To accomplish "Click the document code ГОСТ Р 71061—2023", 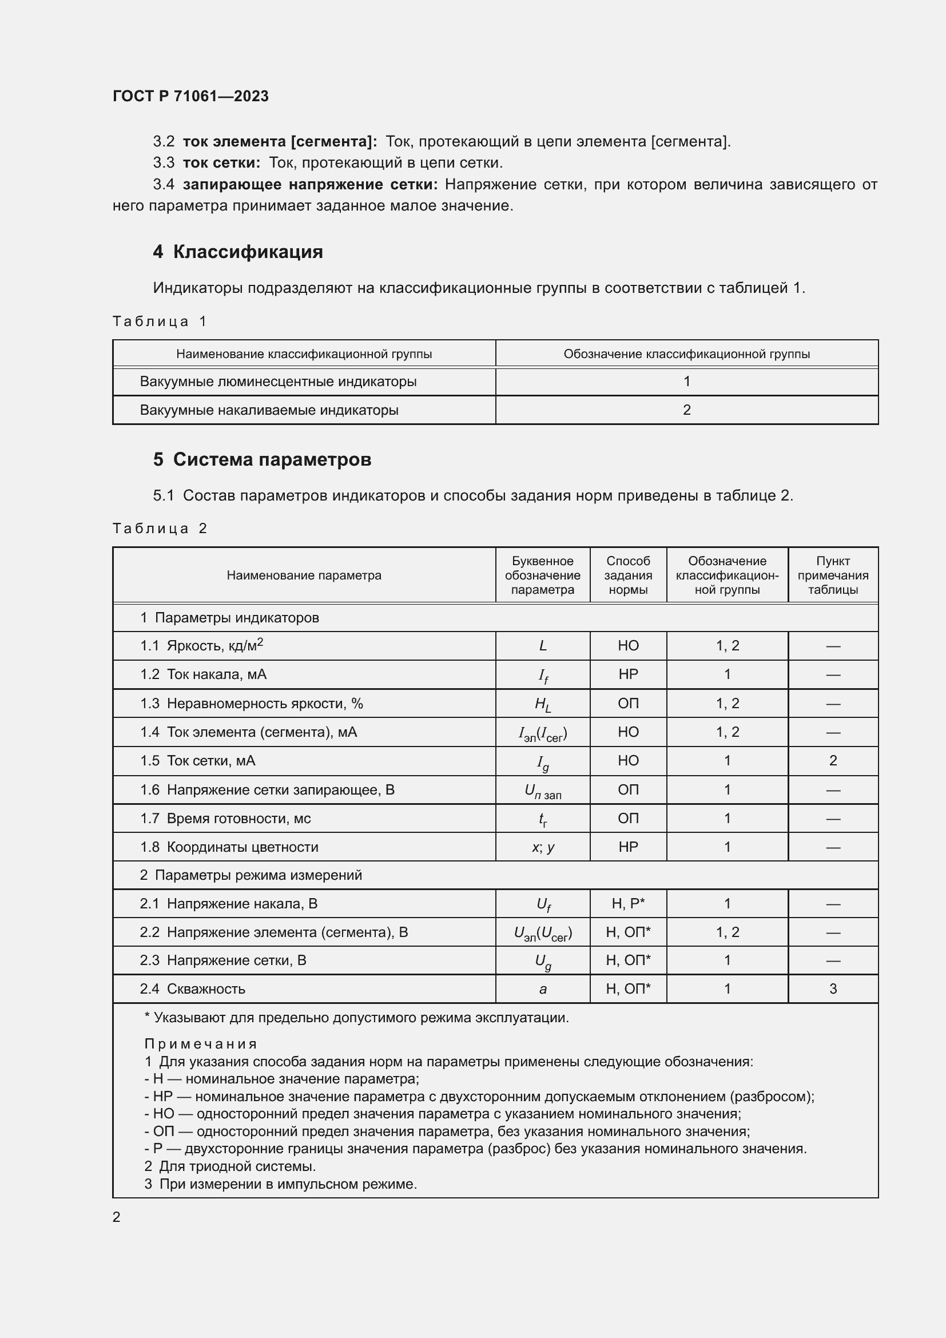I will (190, 96).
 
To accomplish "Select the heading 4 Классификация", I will (238, 252).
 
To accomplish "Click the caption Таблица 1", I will (160, 321).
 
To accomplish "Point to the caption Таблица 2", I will (160, 529).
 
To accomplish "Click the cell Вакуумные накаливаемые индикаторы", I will (269, 410).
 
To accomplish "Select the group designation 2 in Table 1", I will (686, 410).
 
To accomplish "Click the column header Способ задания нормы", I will (628, 575).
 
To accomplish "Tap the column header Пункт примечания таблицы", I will (832, 575).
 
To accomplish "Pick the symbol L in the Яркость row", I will (543, 646).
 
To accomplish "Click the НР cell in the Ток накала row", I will (628, 674).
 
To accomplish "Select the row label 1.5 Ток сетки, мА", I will (197, 760).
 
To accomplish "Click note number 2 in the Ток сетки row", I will (832, 760).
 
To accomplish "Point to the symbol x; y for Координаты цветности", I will (543, 847).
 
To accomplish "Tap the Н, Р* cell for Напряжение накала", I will (628, 904).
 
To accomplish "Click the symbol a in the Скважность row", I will (543, 989).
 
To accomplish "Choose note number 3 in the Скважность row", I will (832, 989).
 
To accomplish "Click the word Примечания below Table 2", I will (200, 1045).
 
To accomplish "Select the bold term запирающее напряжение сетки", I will (310, 185).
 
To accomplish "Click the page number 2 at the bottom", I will (117, 1217).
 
